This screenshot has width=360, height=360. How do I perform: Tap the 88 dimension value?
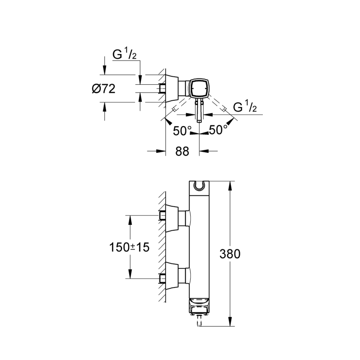click(x=182, y=151)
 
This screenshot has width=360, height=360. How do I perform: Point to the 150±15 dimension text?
click(x=129, y=247)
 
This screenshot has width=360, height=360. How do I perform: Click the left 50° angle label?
click(x=182, y=130)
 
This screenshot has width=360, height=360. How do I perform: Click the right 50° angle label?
click(x=218, y=130)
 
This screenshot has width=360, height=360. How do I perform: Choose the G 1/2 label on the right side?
click(x=244, y=107)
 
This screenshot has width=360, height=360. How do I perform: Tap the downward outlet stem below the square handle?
click(x=198, y=112)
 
